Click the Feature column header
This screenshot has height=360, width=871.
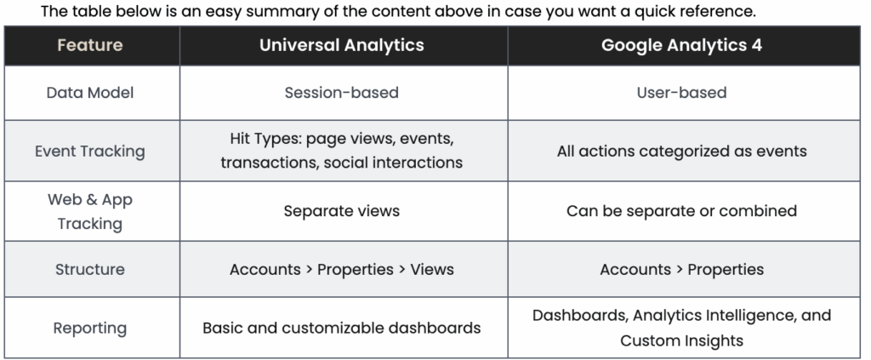click(x=90, y=45)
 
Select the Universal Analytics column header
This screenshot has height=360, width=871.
click(x=342, y=45)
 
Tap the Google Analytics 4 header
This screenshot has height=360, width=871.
click(x=681, y=45)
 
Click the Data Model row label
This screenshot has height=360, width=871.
click(x=90, y=92)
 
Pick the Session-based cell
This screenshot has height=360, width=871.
click(x=342, y=92)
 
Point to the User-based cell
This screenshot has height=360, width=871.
click(x=681, y=92)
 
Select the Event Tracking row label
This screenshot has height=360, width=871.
click(x=90, y=151)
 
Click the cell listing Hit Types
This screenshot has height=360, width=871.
click(x=342, y=150)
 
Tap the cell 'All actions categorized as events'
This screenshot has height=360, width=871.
click(x=681, y=151)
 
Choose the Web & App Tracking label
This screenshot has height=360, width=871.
click(x=90, y=211)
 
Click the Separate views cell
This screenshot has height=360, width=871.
click(x=342, y=211)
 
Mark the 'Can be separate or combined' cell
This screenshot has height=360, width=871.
click(x=681, y=211)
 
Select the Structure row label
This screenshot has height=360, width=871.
click(x=90, y=270)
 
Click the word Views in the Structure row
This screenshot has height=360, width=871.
click(x=432, y=270)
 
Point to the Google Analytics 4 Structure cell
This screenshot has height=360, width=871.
click(x=681, y=270)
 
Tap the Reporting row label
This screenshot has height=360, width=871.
click(x=90, y=329)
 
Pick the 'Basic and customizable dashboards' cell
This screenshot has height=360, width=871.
click(x=342, y=328)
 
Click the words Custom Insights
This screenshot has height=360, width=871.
click(x=681, y=340)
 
